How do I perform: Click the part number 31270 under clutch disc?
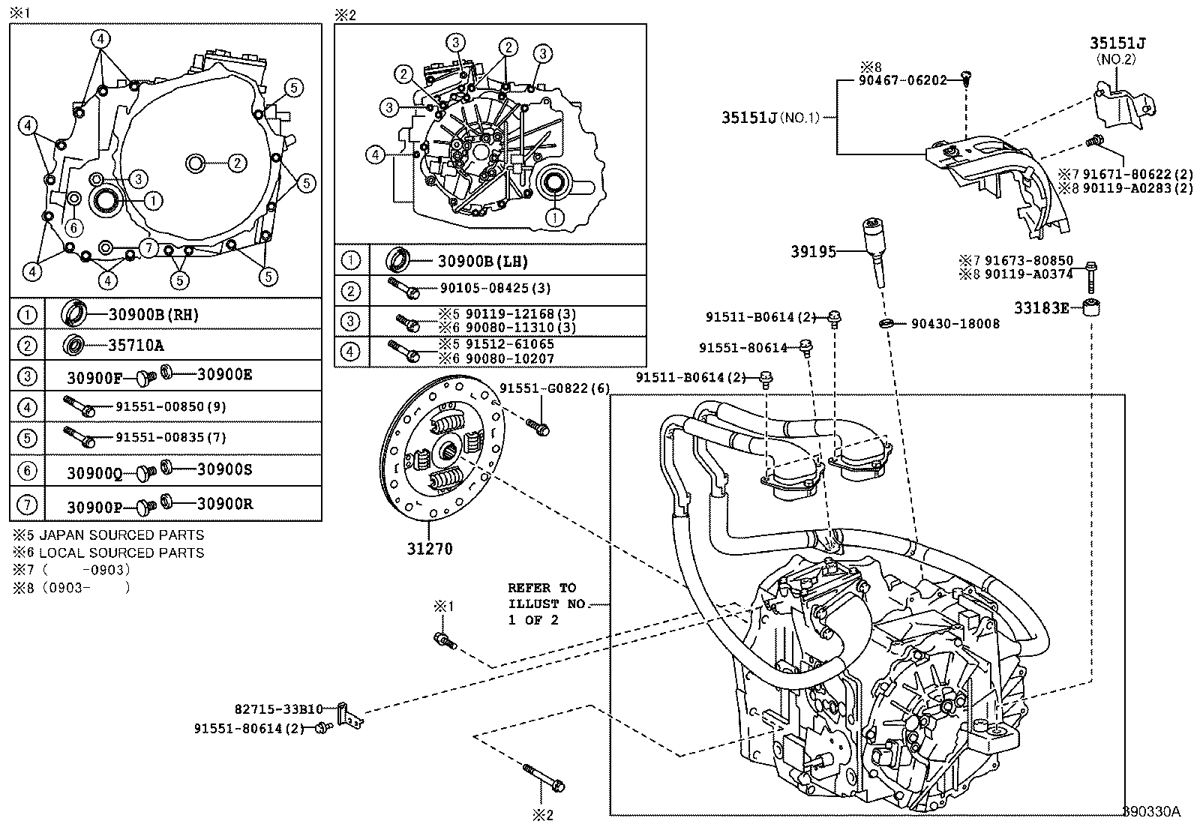430,549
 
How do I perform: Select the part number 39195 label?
813,252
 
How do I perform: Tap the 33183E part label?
1042,307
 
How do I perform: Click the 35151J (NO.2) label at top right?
1117,43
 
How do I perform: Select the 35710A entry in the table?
135,345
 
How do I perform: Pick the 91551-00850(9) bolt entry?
171,406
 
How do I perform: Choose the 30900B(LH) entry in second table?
483,261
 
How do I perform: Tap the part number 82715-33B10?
278,709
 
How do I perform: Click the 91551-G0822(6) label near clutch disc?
555,388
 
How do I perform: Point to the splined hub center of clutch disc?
449,451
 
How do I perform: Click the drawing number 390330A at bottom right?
1151,811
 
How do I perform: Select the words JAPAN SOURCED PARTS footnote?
121,535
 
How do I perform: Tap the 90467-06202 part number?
903,79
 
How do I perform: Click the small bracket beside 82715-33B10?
349,714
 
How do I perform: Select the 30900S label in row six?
224,470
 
